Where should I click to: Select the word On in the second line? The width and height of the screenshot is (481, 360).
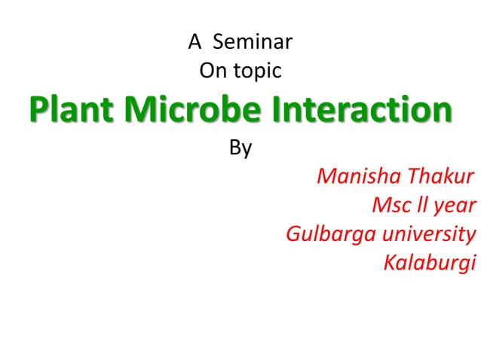212,72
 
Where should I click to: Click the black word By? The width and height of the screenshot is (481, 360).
240,148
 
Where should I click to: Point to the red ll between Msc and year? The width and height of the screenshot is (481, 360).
418,204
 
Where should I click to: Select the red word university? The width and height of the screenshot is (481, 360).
429,234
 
